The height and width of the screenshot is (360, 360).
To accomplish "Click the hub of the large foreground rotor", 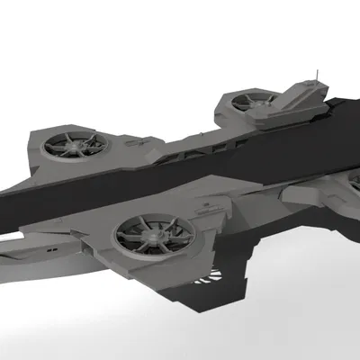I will tap(153, 237).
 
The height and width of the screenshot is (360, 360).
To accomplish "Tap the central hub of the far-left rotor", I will tap(75, 144).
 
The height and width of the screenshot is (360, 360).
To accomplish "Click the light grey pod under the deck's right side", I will tap(306, 193).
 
